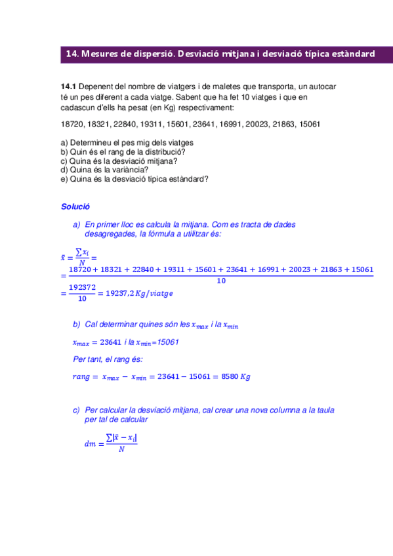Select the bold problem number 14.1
(x=68, y=87)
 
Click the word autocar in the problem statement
(x=323, y=87)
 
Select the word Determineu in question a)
(x=91, y=142)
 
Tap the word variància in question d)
(x=115, y=169)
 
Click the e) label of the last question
(x=64, y=177)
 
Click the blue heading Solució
(x=75, y=207)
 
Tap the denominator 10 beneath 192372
(x=81, y=298)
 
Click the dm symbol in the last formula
(x=90, y=444)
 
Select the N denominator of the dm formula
(x=121, y=450)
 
